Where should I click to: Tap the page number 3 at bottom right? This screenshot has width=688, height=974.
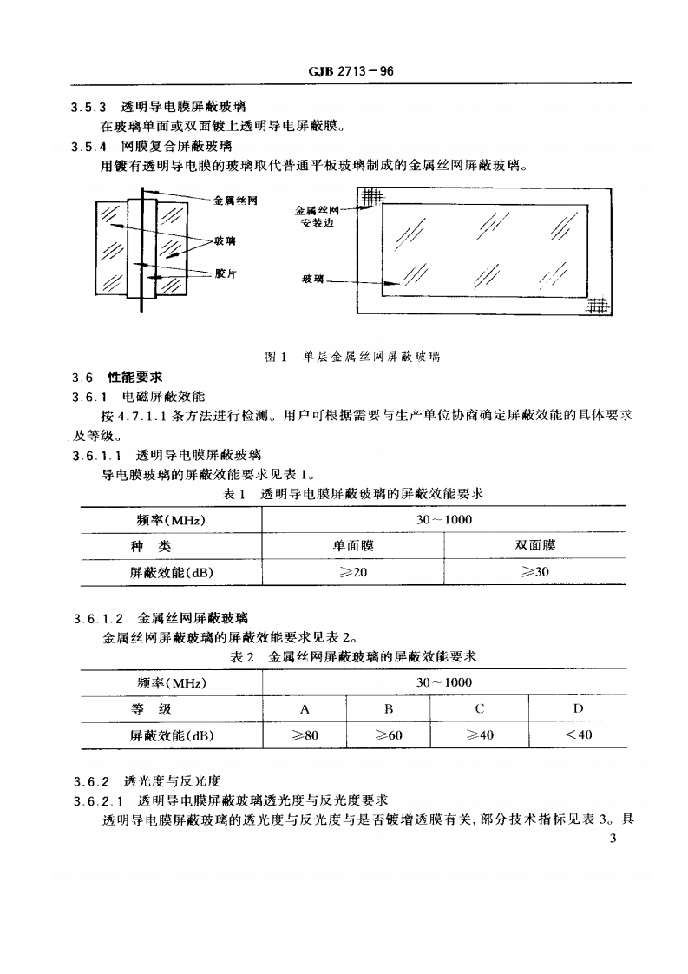pyautogui.click(x=613, y=838)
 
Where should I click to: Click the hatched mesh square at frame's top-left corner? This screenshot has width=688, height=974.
pyautogui.click(x=371, y=197)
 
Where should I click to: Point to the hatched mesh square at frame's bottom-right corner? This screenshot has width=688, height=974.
pyautogui.click(x=598, y=306)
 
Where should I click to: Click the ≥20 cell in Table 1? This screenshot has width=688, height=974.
pyautogui.click(x=352, y=572)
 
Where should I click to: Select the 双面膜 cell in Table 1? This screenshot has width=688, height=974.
pyautogui.click(x=534, y=545)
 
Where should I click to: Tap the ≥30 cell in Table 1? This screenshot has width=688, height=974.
pyautogui.click(x=534, y=572)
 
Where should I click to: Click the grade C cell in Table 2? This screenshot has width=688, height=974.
pyautogui.click(x=479, y=709)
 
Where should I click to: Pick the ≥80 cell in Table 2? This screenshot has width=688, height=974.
pyautogui.click(x=305, y=735)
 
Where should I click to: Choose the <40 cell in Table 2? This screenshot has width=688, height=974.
pyautogui.click(x=578, y=735)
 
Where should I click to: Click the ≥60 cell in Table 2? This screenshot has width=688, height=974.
pyautogui.click(x=390, y=735)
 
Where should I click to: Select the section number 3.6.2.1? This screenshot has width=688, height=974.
pyautogui.click(x=97, y=800)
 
